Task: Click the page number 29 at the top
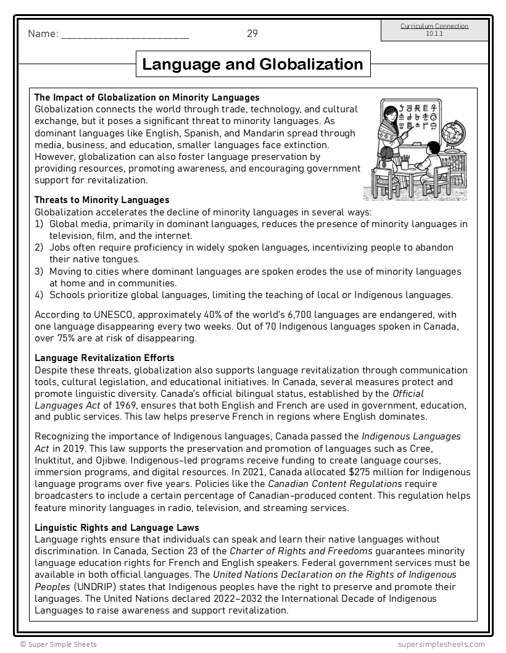(x=252, y=34)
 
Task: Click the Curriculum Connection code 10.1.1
(x=434, y=33)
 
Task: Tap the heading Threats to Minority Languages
(x=102, y=200)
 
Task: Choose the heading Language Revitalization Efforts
(x=104, y=358)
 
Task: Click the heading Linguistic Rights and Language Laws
(x=117, y=527)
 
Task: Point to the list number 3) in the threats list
(x=39, y=272)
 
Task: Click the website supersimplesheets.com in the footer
(x=441, y=644)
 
